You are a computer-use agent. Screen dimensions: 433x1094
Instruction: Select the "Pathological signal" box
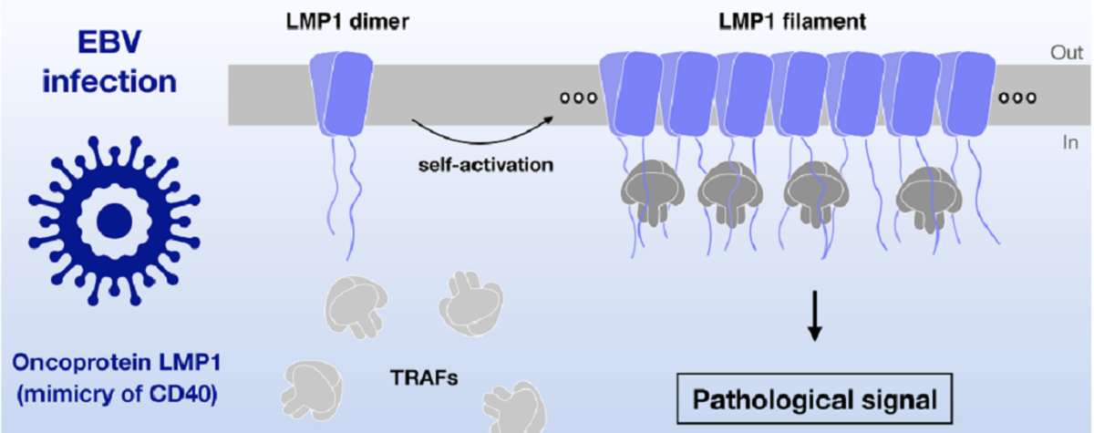(814, 399)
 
